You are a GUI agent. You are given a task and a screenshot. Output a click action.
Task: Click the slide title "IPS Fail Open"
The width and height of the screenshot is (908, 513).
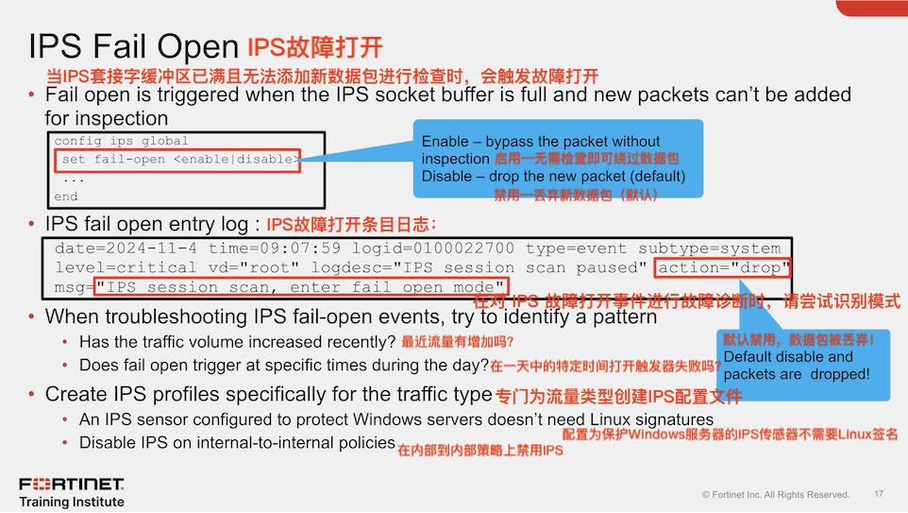coord(133,47)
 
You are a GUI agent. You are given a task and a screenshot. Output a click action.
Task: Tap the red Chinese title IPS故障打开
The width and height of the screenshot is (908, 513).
coord(315,47)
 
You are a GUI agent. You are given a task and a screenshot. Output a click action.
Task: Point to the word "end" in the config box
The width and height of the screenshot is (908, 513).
coord(66,197)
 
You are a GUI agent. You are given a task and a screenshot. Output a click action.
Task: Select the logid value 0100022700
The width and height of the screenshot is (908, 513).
coord(469,248)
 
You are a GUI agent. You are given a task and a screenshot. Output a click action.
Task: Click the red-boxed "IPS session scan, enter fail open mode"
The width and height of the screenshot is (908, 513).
coord(308,286)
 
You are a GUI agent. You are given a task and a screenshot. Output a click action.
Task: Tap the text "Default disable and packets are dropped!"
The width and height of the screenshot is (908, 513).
coord(796,366)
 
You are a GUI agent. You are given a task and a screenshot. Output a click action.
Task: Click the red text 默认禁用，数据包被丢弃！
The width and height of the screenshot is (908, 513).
coord(799,339)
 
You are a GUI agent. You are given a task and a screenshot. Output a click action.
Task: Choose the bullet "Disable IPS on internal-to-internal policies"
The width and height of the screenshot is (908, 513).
coord(236,442)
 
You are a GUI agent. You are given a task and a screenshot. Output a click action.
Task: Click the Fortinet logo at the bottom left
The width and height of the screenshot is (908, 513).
coord(72,485)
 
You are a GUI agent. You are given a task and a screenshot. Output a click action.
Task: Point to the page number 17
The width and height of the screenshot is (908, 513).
coord(879,493)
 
